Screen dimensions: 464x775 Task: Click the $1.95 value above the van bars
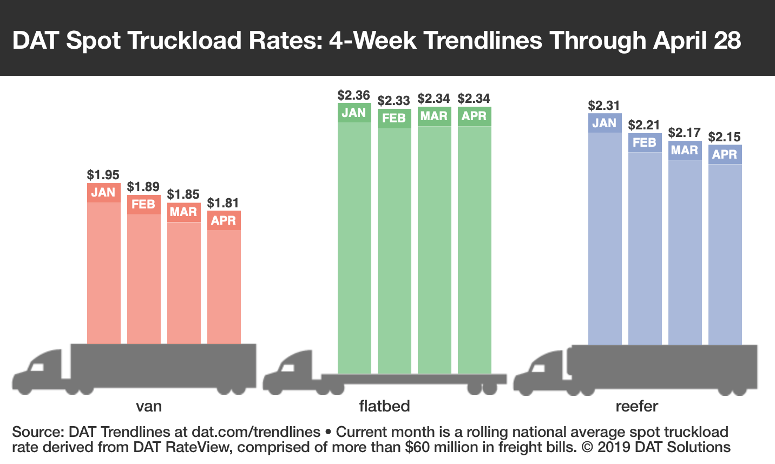tap(103, 175)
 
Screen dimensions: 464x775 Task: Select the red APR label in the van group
tap(224, 220)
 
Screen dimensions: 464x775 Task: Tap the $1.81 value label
tap(224, 203)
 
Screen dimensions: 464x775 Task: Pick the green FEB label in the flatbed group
tap(394, 118)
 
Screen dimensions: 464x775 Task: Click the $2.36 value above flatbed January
tap(354, 95)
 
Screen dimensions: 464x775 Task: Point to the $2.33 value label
tap(394, 101)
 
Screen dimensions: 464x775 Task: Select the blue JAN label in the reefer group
tap(605, 123)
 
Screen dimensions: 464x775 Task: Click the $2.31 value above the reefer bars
tap(605, 106)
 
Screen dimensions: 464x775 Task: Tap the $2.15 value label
tap(725, 137)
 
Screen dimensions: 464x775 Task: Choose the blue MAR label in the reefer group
tap(685, 150)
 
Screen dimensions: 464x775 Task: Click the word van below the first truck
tap(149, 406)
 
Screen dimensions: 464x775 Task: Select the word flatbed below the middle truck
tap(385, 406)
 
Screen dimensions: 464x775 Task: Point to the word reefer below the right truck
tap(637, 406)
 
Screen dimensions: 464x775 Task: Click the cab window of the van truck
tap(37, 367)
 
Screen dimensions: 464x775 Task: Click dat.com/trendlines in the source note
tap(256, 432)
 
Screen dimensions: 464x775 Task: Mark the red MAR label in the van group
tap(183, 212)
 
